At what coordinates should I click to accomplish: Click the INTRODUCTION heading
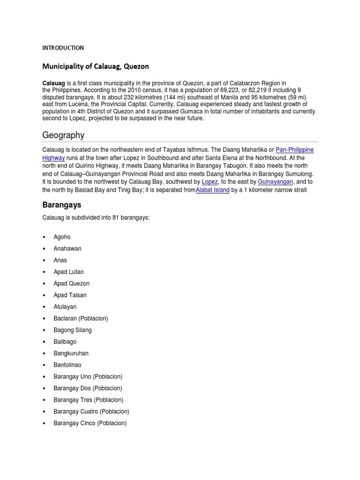tap(63, 48)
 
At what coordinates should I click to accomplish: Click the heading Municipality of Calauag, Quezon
tap(96, 67)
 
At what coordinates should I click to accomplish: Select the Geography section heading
tap(63, 135)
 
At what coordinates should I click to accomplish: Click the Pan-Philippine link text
tap(294, 150)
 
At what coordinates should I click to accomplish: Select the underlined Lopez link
tap(210, 181)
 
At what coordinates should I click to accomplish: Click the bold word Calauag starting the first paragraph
tap(52, 83)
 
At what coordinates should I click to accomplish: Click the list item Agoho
tap(62, 237)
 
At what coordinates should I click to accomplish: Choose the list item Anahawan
tap(67, 248)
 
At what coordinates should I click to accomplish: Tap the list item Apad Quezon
tap(71, 284)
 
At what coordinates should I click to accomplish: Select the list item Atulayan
tap(65, 307)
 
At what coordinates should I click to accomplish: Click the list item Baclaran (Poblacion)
tap(81, 318)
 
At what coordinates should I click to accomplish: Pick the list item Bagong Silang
tap(73, 330)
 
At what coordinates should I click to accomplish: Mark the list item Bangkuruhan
tap(71, 353)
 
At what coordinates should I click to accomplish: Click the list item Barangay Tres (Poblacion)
tap(89, 400)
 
